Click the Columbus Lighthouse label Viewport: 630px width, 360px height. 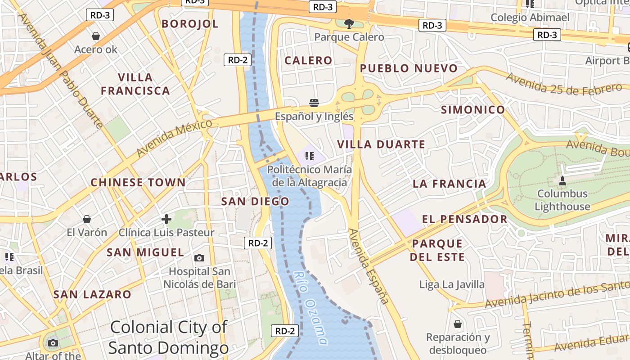pyautogui.click(x=562, y=200)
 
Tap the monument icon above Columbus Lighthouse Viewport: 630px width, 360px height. pyautogui.click(x=562, y=181)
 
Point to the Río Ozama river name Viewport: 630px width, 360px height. pyautogui.click(x=310, y=307)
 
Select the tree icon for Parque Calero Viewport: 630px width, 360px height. pyautogui.click(x=348, y=24)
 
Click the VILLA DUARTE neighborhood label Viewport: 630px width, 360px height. pyautogui.click(x=381, y=144)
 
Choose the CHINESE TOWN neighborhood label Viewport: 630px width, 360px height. pyautogui.click(x=138, y=183)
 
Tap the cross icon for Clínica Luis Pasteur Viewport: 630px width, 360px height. pyautogui.click(x=166, y=219)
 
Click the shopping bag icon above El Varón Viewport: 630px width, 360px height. pyautogui.click(x=87, y=219)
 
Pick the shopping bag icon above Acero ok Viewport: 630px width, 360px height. pyautogui.click(x=95, y=36)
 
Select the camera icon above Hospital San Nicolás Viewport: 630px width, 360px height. pyautogui.click(x=199, y=258)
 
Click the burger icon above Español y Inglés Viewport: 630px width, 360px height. pyautogui.click(x=314, y=103)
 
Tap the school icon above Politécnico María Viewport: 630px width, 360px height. pyautogui.click(x=309, y=156)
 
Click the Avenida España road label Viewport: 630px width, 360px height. pyautogui.click(x=369, y=266)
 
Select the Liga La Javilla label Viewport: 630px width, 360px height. pyautogui.click(x=452, y=284)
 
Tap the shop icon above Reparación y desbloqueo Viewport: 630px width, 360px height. pyautogui.click(x=458, y=324)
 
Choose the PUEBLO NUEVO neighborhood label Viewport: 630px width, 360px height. pyautogui.click(x=409, y=68)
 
